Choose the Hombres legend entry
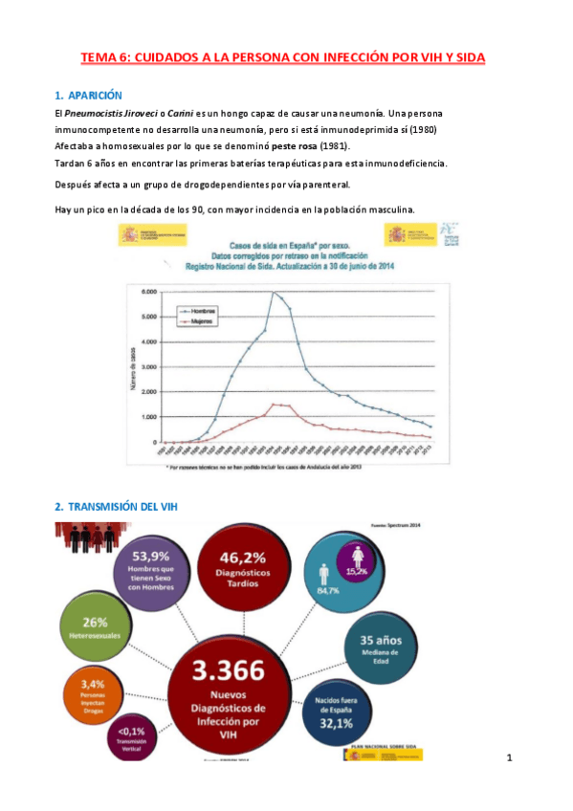coord(201,312)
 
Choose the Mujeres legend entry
coord(200,322)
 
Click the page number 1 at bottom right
coord(510,758)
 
